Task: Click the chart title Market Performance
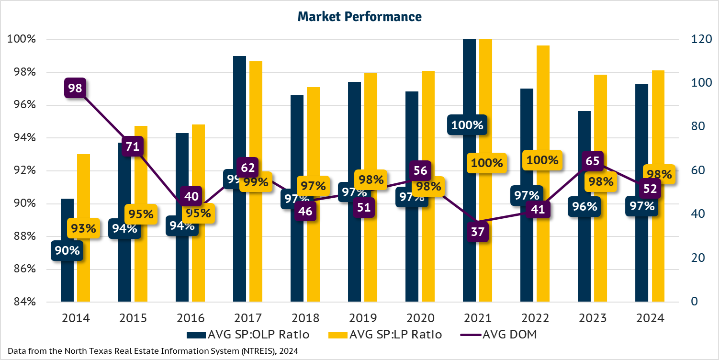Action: pos(359,17)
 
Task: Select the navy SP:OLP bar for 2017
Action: pos(239,120)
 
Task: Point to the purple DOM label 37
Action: pos(478,232)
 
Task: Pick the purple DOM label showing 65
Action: pos(593,161)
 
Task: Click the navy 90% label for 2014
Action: pos(67,250)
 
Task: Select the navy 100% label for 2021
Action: pos(467,125)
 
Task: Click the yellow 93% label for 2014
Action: pos(83,229)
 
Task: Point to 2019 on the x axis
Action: pos(362,318)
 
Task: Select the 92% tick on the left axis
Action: pos(22,171)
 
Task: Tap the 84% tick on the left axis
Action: pos(22,302)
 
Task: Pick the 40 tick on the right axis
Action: pos(697,214)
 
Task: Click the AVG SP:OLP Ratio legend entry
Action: pos(248,335)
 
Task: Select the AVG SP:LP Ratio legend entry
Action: pos(382,335)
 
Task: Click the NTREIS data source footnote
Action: pos(153,351)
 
